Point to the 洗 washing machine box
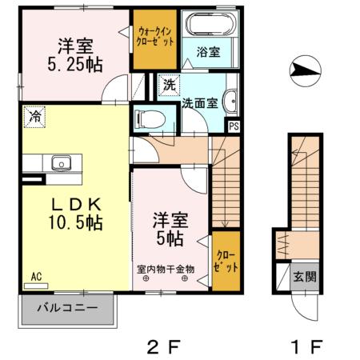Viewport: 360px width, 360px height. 169,84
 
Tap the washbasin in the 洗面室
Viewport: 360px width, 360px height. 231,102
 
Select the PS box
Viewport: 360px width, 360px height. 234,126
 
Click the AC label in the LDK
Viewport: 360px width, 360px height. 35,277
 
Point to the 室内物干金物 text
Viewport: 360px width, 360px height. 166,270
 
